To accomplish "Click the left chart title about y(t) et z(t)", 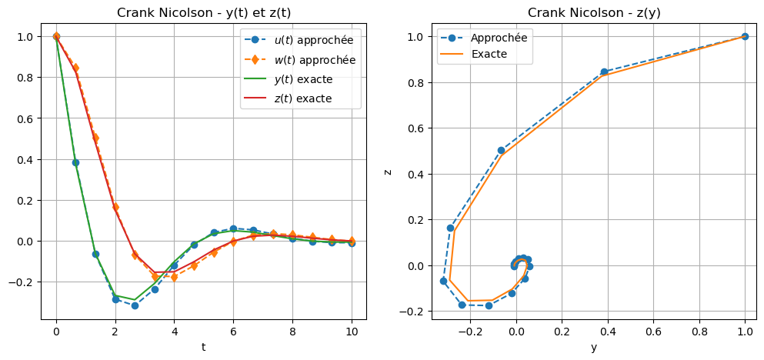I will (203, 12).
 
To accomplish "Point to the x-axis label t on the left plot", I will (203, 347).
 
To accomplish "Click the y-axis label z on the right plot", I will (389, 171).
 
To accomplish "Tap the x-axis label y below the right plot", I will (594, 347).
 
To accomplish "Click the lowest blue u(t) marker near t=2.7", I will (135, 305).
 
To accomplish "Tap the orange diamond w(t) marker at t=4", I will (174, 277).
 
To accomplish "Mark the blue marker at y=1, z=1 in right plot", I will (745, 36).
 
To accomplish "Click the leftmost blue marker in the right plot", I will (443, 281).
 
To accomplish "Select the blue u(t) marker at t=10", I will (352, 243).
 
